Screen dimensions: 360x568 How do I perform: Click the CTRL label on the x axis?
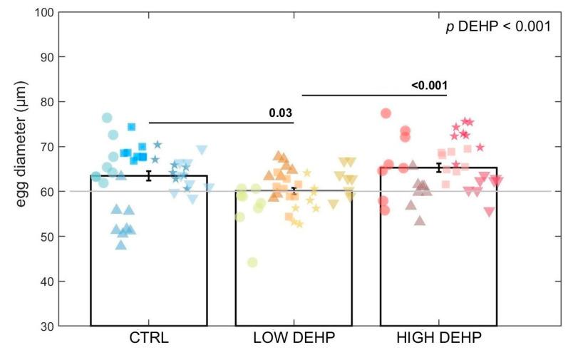[149, 338]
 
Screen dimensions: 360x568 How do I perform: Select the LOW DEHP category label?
[294, 338]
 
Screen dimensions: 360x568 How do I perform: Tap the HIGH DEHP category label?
[438, 338]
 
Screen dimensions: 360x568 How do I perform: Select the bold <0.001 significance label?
[429, 86]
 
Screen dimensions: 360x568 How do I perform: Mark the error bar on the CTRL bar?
[149, 175]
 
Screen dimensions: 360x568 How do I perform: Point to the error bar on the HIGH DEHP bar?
[438, 168]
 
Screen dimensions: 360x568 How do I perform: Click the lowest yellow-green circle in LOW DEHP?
[252, 262]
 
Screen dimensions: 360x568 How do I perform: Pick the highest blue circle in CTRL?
[107, 118]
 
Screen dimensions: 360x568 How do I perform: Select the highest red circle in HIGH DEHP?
[386, 113]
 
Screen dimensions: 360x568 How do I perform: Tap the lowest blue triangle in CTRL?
[120, 245]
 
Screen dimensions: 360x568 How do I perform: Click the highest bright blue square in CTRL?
[132, 127]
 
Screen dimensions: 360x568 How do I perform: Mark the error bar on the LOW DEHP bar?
[294, 190]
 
